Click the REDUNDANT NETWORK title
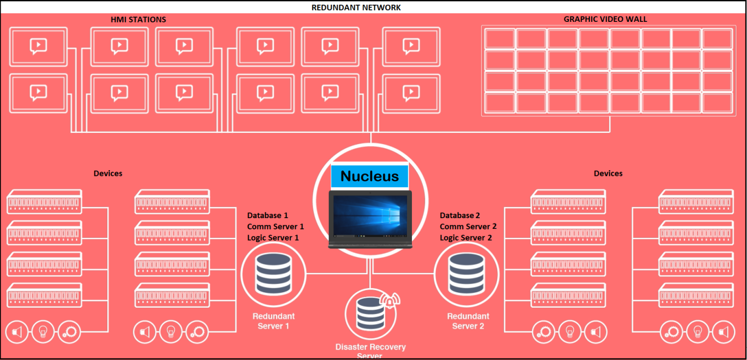[x=356, y=7]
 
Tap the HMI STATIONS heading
[x=138, y=19]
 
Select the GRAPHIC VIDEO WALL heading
[x=605, y=19]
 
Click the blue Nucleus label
[x=369, y=176]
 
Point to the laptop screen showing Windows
[x=370, y=215]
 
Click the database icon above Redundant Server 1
[x=273, y=274]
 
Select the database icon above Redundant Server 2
[x=466, y=274]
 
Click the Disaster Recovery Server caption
[x=370, y=351]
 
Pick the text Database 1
[x=267, y=215]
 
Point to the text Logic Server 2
[x=465, y=238]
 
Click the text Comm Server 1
[x=275, y=226]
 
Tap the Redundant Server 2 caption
[x=468, y=321]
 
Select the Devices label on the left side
[x=108, y=173]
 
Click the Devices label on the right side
[x=608, y=173]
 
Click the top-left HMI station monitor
[x=38, y=47]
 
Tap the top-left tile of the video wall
[x=499, y=38]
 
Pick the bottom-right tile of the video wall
[x=717, y=103]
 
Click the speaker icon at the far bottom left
[x=17, y=332]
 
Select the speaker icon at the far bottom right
[x=724, y=332]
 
